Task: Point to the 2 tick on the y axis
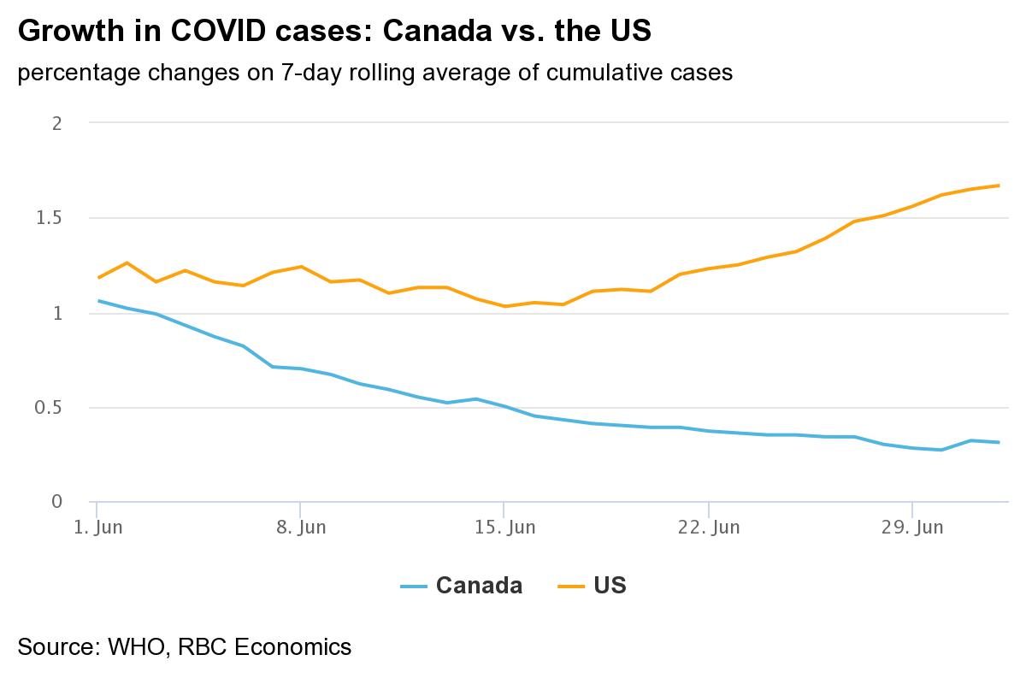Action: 57,123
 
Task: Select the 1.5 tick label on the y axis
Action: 50,218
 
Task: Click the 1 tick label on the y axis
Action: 57,313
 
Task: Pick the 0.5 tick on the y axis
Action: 50,408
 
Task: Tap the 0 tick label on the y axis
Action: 57,502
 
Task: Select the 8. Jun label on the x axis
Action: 301,528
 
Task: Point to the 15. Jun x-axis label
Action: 504,528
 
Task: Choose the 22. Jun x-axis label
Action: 709,528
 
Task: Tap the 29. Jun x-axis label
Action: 912,528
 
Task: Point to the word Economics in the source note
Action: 293,646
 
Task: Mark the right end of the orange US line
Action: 999,186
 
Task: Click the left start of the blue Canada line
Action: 98,301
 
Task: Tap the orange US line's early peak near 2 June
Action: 127,262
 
